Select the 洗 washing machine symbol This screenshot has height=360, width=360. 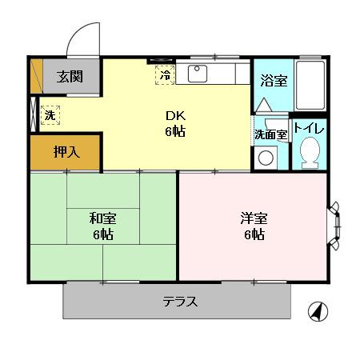pyautogui.click(x=50, y=114)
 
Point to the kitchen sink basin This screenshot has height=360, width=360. pyautogui.click(x=198, y=74)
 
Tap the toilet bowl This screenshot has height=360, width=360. pyautogui.click(x=308, y=151)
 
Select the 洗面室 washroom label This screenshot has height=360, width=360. pyautogui.click(x=270, y=134)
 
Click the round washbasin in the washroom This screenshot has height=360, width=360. pyautogui.click(x=265, y=158)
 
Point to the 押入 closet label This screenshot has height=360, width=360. pyautogui.click(x=66, y=153)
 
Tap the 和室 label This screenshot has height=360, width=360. pyautogui.click(x=102, y=217)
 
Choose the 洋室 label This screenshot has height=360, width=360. pyautogui.click(x=253, y=217)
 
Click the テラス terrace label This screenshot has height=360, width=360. pyautogui.click(x=180, y=302)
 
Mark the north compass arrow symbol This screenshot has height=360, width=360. pyautogui.click(x=318, y=311)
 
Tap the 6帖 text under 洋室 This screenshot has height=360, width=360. pyautogui.click(x=253, y=234)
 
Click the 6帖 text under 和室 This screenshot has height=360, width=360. pyautogui.click(x=102, y=234)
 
